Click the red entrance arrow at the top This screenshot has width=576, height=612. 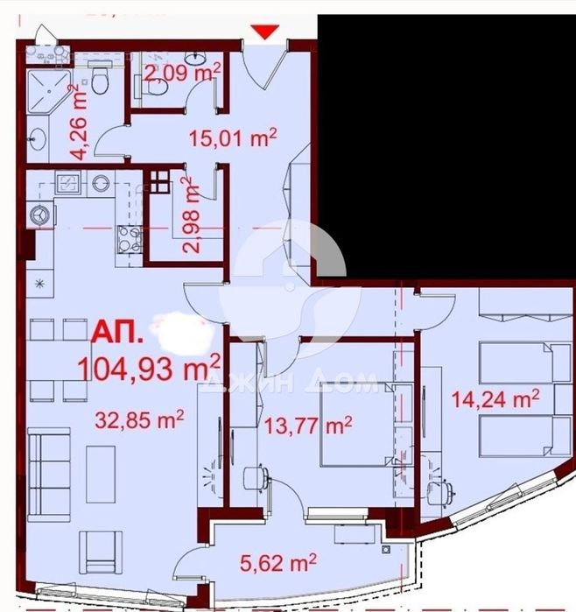[265, 33]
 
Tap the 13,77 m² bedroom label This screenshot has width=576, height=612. [307, 426]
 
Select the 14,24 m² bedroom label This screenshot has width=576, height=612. [495, 400]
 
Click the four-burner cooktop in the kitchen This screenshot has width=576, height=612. [130, 236]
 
